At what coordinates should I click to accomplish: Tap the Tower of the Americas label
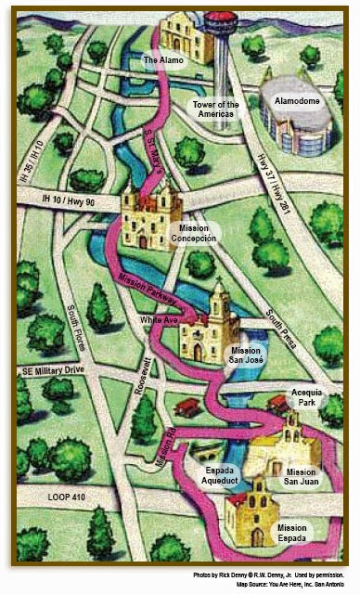(215, 110)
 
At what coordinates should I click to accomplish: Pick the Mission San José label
(247, 355)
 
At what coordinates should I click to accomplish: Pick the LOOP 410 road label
(41, 498)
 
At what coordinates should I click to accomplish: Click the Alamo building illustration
(186, 35)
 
